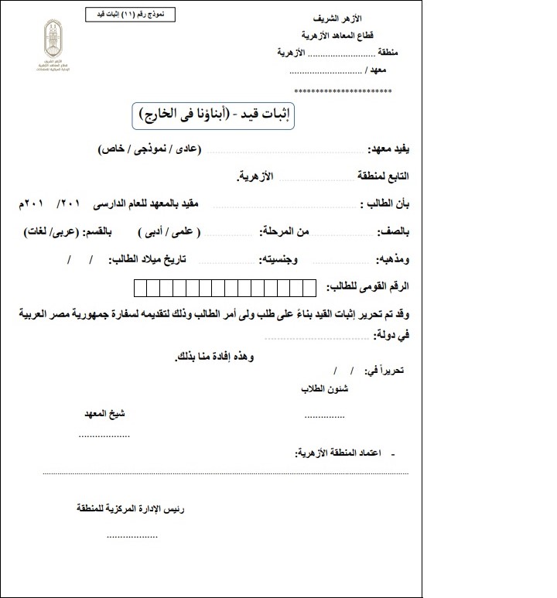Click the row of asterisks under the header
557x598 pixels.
(343, 91)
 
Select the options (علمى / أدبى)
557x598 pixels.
(169, 232)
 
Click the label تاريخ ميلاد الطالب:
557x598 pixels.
(149, 258)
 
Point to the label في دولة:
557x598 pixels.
(391, 336)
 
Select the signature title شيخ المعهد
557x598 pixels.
(104, 414)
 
